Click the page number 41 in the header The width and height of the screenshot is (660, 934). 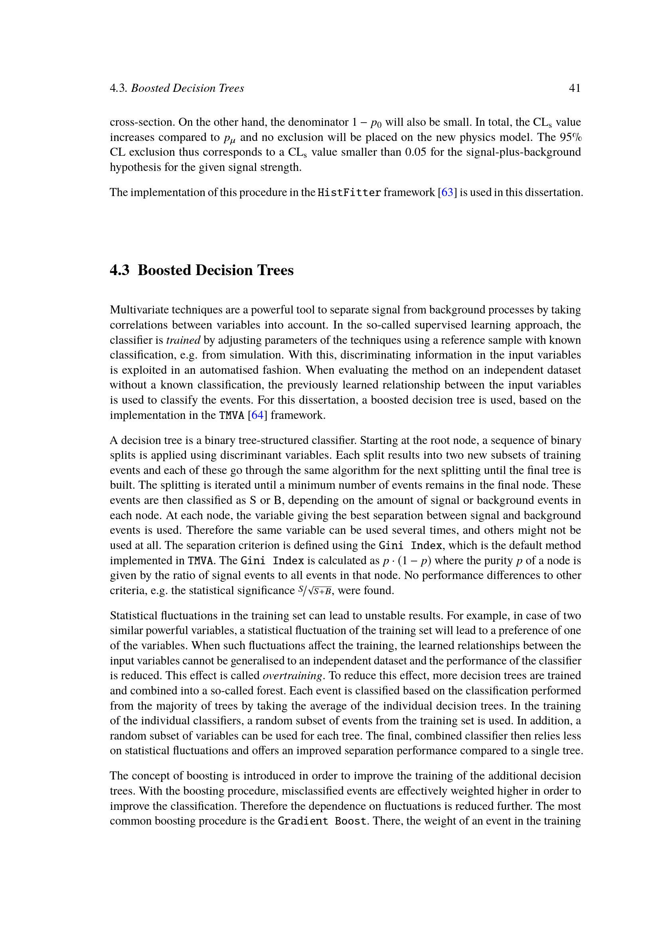574,88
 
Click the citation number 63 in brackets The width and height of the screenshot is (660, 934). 447,192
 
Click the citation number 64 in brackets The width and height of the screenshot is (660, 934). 257,415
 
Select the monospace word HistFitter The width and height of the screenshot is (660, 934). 349,192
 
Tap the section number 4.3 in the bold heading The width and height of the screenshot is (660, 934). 119,270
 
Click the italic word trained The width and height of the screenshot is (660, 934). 183,340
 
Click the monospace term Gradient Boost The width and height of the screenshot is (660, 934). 323,821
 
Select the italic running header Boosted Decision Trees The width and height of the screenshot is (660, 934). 188,88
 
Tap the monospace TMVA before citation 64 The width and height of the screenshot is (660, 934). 232,415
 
